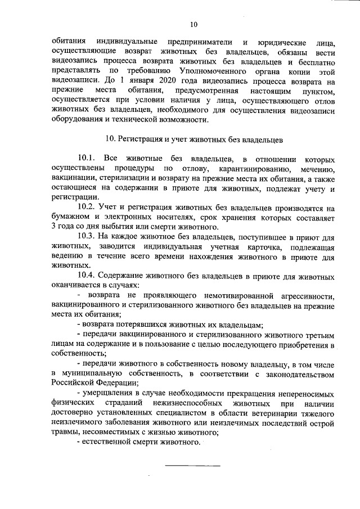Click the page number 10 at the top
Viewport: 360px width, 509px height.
pos(194,24)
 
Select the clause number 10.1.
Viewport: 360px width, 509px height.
pos(87,158)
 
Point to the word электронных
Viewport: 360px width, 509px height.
pos(139,217)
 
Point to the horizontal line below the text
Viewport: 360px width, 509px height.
pos(192,465)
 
